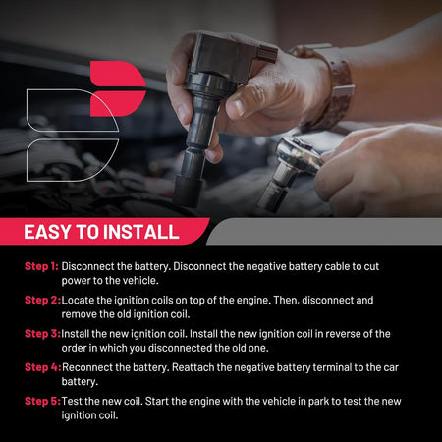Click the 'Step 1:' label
41,266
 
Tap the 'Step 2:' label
42,301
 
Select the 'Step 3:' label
42,334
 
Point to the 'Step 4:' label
43,367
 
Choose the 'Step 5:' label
42,402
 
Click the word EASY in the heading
47,232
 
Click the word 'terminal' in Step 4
332,367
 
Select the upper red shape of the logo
117,74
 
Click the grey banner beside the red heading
324,231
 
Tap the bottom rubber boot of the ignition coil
188,190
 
